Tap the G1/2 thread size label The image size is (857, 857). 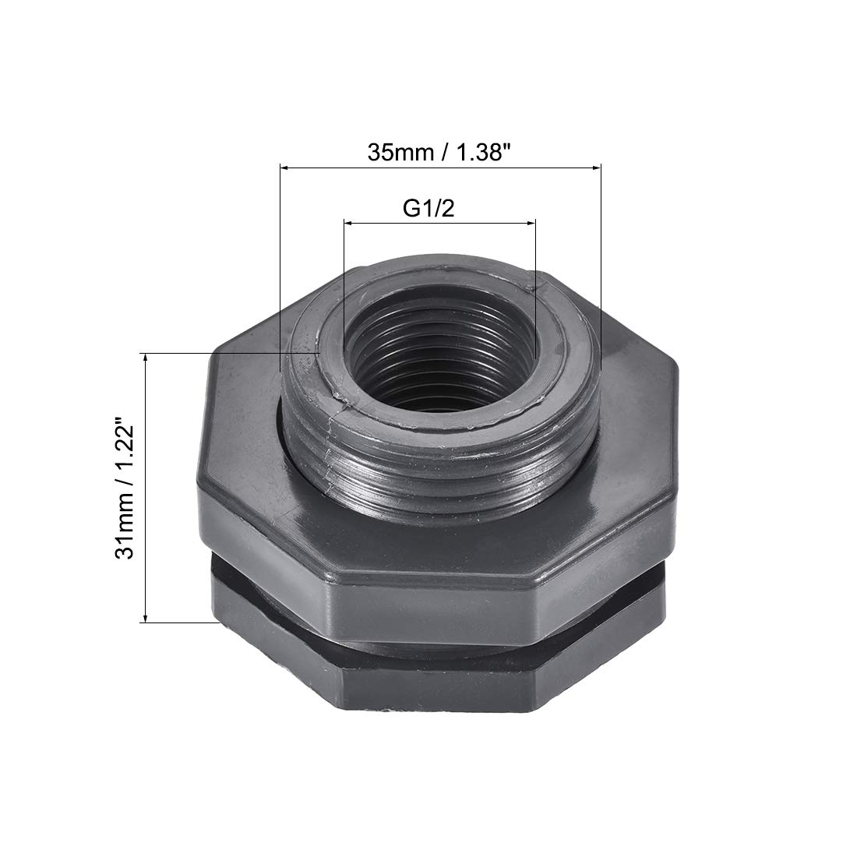428,208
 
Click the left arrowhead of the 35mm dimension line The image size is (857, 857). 284,168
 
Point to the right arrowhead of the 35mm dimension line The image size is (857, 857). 598,168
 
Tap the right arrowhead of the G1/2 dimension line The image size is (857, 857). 532,223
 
